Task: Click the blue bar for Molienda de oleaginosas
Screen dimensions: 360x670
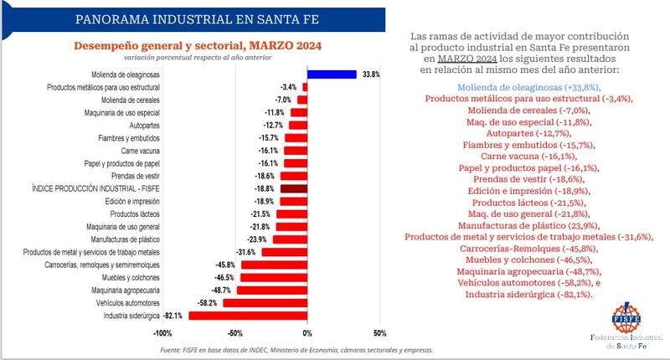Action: pyautogui.click(x=332, y=74)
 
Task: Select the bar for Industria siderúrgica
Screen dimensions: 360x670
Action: pyautogui.click(x=248, y=315)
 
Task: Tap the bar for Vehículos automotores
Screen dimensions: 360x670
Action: pyautogui.click(x=265, y=302)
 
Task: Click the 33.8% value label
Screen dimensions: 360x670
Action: pyautogui.click(x=370, y=75)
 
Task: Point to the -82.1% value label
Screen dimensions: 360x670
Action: pyautogui.click(x=173, y=316)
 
